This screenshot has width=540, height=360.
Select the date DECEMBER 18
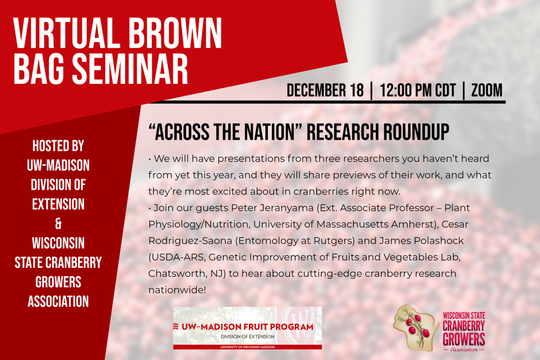point(325,90)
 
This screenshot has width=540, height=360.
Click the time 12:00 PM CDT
point(418,90)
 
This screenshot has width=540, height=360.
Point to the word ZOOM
point(487,90)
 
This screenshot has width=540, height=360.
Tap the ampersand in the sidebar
point(58,223)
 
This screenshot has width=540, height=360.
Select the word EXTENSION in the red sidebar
point(58,204)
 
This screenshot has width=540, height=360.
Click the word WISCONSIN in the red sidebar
point(58,243)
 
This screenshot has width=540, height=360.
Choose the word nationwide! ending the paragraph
point(177,290)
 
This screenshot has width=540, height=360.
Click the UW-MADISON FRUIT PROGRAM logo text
point(247,327)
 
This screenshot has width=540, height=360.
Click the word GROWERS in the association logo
point(464,339)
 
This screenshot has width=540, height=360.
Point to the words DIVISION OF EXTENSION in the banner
point(248,337)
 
